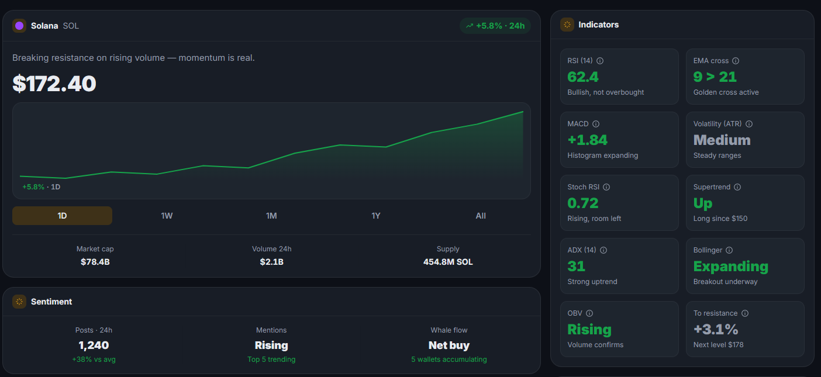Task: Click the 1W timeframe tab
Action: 167,216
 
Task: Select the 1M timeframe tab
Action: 271,216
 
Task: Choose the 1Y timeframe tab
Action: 376,216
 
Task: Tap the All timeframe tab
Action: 481,216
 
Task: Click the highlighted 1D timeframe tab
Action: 63,216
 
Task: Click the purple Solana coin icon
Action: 19,26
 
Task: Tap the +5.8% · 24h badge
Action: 495,26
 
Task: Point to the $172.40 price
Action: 54,84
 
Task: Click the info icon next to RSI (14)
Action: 600,61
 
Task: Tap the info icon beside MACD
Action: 596,124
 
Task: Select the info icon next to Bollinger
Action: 729,250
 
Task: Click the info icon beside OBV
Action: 589,313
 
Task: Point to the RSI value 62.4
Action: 583,77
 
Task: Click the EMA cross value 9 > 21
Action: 715,77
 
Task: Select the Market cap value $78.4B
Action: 95,262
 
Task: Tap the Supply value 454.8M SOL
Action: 448,262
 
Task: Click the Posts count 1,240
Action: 94,345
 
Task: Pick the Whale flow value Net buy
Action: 449,345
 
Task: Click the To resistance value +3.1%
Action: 716,330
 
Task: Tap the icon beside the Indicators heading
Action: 567,25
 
